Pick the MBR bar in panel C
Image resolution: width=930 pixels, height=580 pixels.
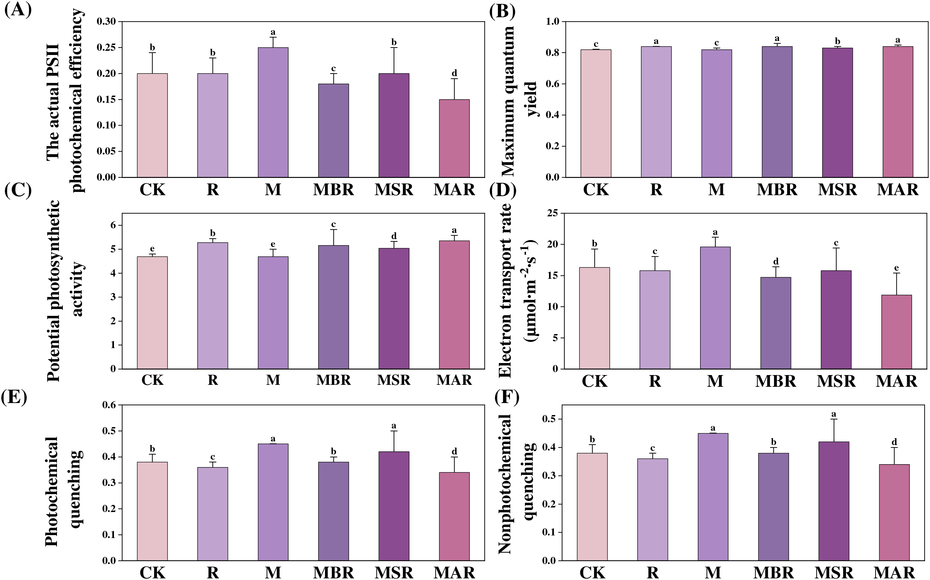[333, 307]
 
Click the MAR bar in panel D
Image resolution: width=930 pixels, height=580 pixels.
[896, 332]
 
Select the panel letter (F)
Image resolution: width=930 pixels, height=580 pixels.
[506, 398]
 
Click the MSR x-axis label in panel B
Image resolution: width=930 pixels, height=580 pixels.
[837, 190]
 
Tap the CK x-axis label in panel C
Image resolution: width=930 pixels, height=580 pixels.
[152, 380]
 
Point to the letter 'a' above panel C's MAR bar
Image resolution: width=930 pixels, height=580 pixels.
[454, 231]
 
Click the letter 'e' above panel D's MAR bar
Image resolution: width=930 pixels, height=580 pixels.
[896, 268]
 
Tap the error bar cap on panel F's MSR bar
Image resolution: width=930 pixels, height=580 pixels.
[833, 419]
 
